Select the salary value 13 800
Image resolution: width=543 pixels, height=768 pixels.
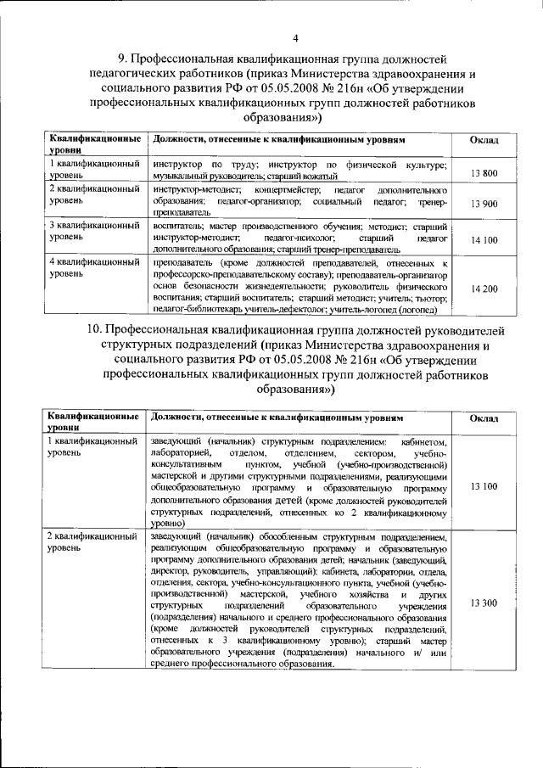tap(484, 173)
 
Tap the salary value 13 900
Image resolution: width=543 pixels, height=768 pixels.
tap(484, 205)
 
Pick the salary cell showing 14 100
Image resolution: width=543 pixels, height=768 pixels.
tap(484, 240)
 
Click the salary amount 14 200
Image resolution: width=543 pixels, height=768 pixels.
tap(484, 289)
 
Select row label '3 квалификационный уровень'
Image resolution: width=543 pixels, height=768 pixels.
tap(93, 232)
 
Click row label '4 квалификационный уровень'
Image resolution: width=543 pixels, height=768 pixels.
tap(93, 269)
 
